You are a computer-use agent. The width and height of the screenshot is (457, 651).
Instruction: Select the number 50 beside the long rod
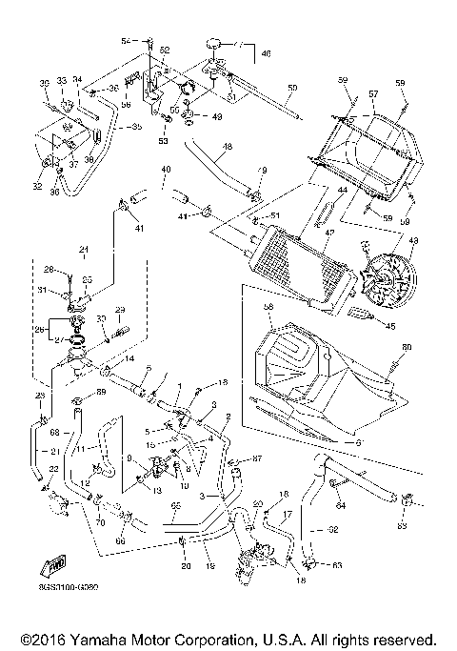click(x=291, y=88)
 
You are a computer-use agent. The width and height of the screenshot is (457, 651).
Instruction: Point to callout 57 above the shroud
click(x=373, y=95)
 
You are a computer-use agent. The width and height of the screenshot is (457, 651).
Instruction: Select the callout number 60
click(x=406, y=346)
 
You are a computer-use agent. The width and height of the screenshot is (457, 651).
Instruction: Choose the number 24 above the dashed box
click(x=83, y=250)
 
